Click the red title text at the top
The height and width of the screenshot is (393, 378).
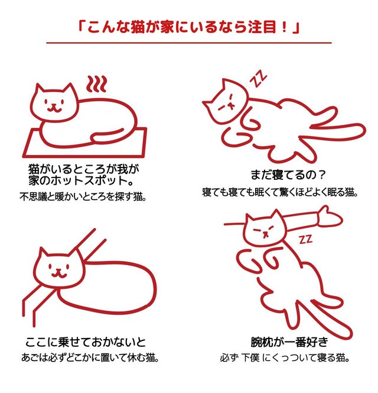(x=189, y=27)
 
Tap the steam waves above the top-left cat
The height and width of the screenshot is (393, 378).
(x=97, y=84)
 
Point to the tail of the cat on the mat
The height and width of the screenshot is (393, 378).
(x=107, y=136)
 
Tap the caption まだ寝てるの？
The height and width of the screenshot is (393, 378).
(x=288, y=175)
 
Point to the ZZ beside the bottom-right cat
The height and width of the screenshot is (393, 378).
(x=306, y=239)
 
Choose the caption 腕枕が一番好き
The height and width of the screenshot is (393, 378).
(x=289, y=342)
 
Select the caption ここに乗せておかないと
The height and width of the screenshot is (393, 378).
(x=86, y=342)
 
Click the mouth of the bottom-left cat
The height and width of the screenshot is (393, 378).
(x=58, y=273)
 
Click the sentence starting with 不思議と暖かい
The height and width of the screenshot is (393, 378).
(x=83, y=196)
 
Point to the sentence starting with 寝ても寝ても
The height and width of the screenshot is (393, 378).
(x=280, y=192)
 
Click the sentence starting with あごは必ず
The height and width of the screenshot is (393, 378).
(x=90, y=357)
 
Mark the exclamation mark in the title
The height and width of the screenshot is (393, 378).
(x=283, y=27)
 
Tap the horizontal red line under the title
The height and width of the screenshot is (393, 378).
(x=189, y=43)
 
